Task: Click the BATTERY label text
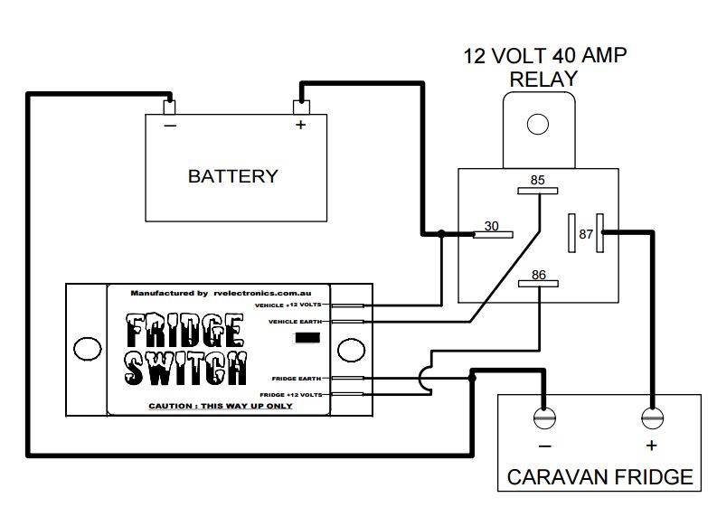coord(232,175)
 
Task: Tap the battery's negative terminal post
coord(169,107)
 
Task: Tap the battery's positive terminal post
coord(300,107)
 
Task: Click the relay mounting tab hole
coord(538,124)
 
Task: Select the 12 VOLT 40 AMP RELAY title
coord(544,67)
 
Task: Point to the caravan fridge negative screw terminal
coord(543,419)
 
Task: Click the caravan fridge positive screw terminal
coord(651,419)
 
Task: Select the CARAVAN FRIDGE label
coord(599,475)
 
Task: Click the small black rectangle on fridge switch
coord(308,338)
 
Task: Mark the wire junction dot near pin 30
coord(440,234)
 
